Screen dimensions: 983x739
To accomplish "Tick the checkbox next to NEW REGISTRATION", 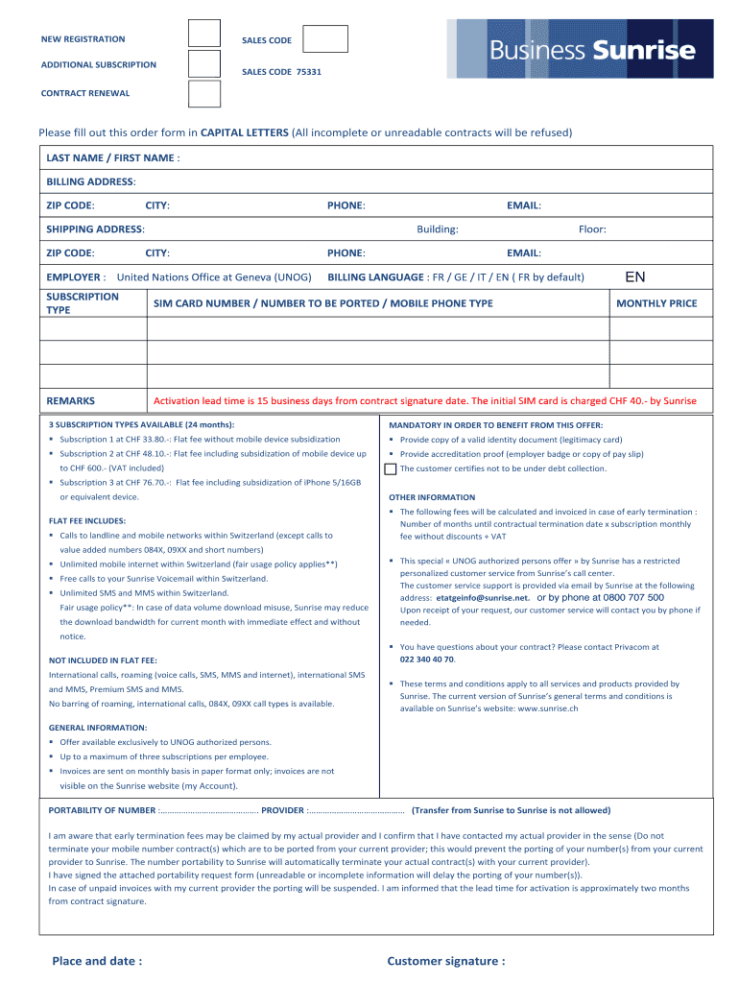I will [x=204, y=34].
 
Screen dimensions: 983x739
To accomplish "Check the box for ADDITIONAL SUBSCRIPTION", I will [x=204, y=63].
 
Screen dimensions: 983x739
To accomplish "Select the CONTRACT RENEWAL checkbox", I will [x=204, y=93].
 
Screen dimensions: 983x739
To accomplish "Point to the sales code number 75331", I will [x=309, y=72].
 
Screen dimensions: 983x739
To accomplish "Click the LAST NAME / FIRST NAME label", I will [x=112, y=157].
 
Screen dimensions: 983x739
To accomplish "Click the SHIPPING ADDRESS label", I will [x=95, y=229].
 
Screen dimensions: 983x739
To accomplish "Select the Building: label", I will [x=437, y=229].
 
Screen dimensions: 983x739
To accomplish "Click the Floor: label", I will [x=592, y=229].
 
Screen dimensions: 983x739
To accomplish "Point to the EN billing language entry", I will [x=635, y=277].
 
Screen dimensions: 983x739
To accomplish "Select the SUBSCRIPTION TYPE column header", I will [x=83, y=303].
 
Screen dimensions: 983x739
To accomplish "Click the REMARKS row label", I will [x=71, y=401].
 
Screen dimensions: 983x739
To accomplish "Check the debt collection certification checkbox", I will [x=390, y=469].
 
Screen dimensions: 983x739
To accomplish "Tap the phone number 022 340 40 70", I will [x=427, y=659].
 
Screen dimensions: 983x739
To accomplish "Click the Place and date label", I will [x=97, y=960].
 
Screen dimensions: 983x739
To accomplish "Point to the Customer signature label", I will [x=445, y=960].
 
